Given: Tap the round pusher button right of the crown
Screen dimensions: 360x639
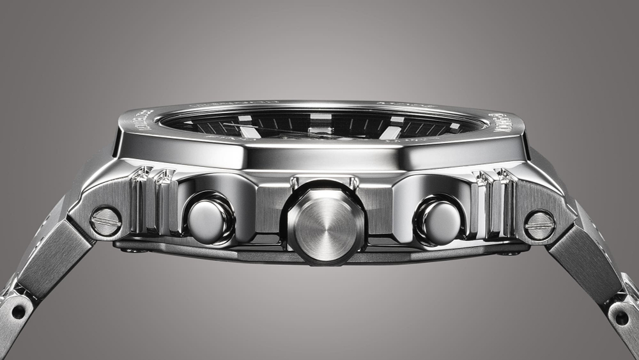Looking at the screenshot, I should tap(440, 219).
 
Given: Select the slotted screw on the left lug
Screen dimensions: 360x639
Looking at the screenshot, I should tap(106, 221).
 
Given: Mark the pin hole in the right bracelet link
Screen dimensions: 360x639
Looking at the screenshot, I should tap(620, 315).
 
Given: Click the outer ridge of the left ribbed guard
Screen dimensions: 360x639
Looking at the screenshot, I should tap(139, 200).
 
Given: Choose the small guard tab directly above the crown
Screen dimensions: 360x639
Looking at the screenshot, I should tap(325, 183).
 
